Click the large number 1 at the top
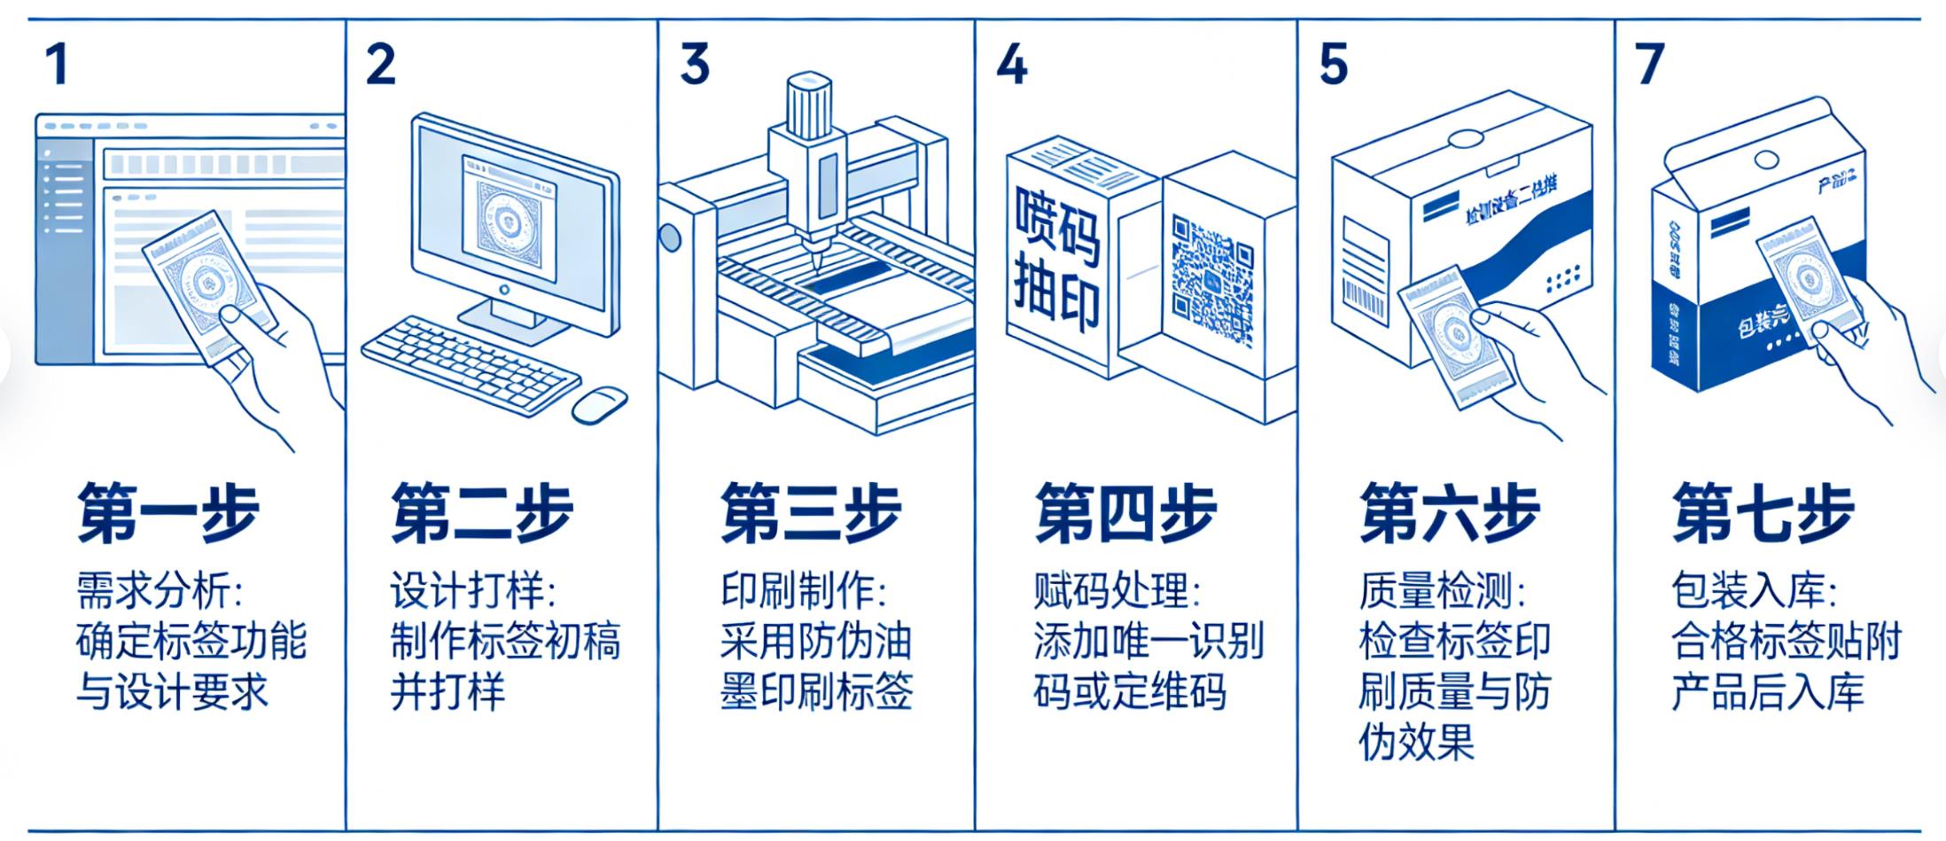(x=57, y=65)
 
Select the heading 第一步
(x=167, y=512)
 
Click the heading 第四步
(x=1125, y=512)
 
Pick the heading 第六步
(x=1450, y=512)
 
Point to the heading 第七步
(x=1763, y=512)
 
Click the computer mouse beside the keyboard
(x=598, y=404)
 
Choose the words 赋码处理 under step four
(x=1108, y=591)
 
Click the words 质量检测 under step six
(x=1434, y=591)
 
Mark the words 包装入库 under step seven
(x=1746, y=591)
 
